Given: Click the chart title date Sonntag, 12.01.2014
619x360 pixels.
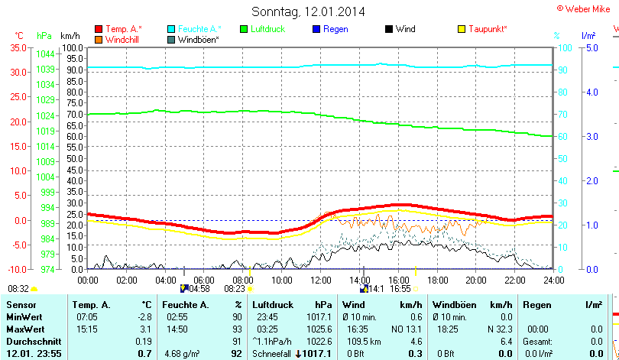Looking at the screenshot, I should (308, 11).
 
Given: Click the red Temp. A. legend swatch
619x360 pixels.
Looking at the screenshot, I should (99, 30).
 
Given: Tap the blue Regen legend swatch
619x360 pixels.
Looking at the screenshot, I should (317, 30).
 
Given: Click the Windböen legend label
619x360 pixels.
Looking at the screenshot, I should (199, 40).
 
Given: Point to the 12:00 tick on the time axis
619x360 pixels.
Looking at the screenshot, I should (322, 280).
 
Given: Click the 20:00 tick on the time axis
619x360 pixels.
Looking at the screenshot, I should (476, 280).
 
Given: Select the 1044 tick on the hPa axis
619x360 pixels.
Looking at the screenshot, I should (45, 54).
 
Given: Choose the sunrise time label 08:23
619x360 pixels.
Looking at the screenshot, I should (235, 289).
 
